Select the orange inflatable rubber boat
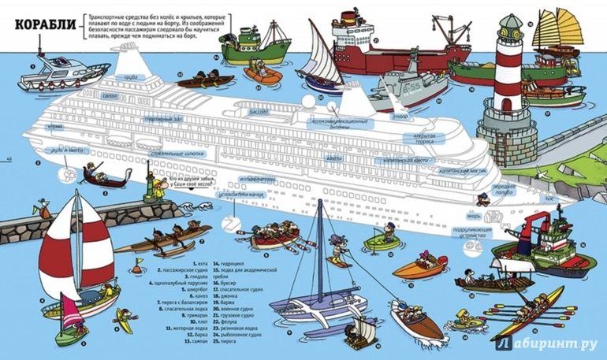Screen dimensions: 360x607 tap(259, 74)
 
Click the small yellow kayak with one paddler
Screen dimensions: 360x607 tap(125, 318)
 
